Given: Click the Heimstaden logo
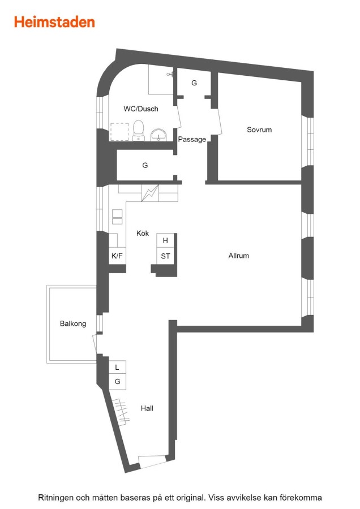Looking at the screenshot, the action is (x=54, y=22).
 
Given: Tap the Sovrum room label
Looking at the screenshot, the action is (x=259, y=130).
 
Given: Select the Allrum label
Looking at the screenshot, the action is (x=238, y=256).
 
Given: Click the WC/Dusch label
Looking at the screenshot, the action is (x=141, y=109).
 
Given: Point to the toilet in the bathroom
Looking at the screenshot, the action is (x=139, y=130).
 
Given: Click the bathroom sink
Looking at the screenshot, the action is (x=158, y=135).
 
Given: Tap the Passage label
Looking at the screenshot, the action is (x=192, y=139).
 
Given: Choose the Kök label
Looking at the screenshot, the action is (x=143, y=233).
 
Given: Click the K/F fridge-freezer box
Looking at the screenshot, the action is (x=117, y=256).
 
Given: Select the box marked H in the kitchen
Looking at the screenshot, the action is (x=165, y=240).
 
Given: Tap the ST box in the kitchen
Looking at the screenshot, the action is (x=165, y=256).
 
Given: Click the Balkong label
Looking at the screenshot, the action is (x=73, y=323).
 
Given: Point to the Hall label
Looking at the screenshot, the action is (x=147, y=408).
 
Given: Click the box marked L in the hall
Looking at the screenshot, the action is (x=117, y=367).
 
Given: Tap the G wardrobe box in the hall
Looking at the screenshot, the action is (x=117, y=381).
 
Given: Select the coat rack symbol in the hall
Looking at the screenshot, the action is (x=121, y=412).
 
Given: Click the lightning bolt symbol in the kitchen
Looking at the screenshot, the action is (x=150, y=193).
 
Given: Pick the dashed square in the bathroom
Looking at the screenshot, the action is (x=119, y=132).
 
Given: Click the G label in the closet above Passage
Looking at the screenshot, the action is (x=194, y=83).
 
